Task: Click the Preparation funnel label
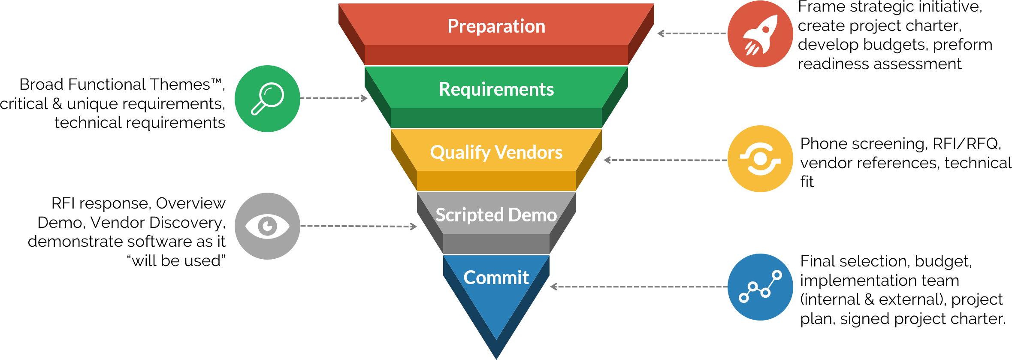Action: pyautogui.click(x=496, y=27)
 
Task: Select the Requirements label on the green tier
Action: pyautogui.click(x=496, y=89)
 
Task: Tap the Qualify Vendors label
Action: pyautogui.click(x=496, y=152)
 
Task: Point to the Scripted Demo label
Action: pyautogui.click(x=496, y=215)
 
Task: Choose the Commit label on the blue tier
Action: pyautogui.click(x=496, y=278)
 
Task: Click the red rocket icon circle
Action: pyautogui.click(x=760, y=34)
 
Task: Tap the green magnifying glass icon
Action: pyautogui.click(x=267, y=99)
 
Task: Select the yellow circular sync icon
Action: pyautogui.click(x=760, y=159)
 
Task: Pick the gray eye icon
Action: pyautogui.click(x=267, y=226)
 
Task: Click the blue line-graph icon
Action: pyautogui.click(x=760, y=287)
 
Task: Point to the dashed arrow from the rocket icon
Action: pyautogui.click(x=692, y=33)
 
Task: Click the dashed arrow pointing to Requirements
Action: pyautogui.click(x=334, y=98)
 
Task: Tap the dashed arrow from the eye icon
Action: pyautogui.click(x=358, y=226)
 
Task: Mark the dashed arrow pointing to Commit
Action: pyautogui.click(x=639, y=287)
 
